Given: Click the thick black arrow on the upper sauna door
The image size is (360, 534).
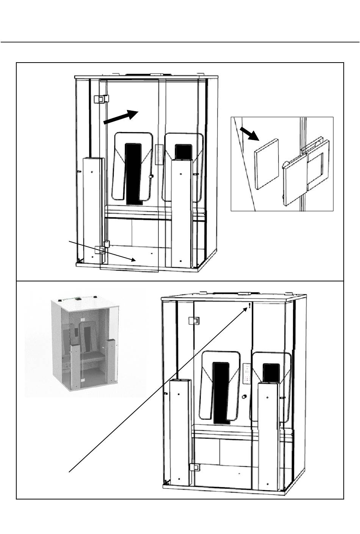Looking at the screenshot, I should (120, 116).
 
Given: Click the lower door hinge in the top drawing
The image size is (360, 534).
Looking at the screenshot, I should (102, 249).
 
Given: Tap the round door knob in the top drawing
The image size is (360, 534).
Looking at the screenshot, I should (151, 176).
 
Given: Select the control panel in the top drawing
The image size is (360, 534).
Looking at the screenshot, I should (159, 154).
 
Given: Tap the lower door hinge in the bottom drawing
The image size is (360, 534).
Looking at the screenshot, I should (195, 467).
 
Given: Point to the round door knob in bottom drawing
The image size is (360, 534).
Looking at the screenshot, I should (244, 397).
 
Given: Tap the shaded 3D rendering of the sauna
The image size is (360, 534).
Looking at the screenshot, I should (85, 343).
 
